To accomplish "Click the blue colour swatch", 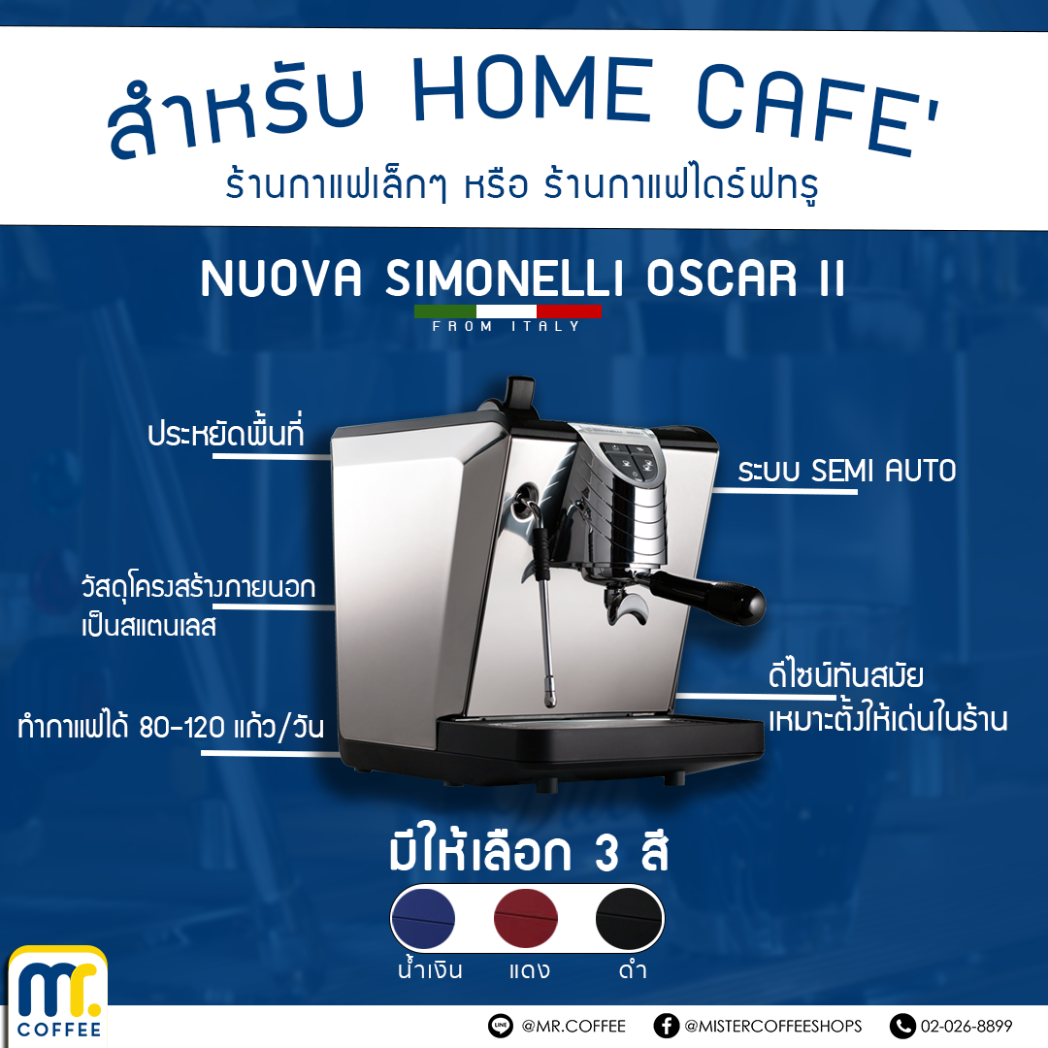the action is point(423,918).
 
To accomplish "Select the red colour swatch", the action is point(525,918).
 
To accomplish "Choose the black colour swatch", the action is point(628,918).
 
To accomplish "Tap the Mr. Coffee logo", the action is point(58,996).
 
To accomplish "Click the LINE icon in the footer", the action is point(501,1026).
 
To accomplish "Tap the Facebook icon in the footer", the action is point(666,1026).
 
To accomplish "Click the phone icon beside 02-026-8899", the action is point(902,1026).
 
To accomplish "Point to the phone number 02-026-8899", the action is point(966,1026).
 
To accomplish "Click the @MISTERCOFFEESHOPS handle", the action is point(772,1026).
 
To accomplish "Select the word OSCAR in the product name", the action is point(722,278).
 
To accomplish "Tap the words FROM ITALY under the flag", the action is point(506,326).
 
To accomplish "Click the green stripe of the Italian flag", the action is point(445,311).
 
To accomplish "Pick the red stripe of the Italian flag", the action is point(569,311).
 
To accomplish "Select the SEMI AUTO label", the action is point(847,471).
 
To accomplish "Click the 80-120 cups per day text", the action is point(171,727).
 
